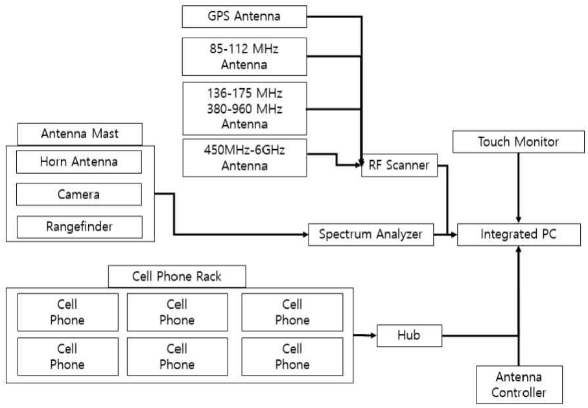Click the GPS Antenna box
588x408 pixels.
pos(244,16)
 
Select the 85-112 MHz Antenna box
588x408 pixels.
pos(244,56)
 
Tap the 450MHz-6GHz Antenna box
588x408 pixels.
pos(244,158)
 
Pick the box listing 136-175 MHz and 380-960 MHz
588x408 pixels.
pos(244,107)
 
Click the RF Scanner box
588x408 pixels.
pos(399,165)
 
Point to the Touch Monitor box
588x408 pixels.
pos(518,142)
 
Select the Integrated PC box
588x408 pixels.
pos(518,235)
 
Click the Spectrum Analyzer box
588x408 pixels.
pos(370,235)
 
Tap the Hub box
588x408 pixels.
pos(409,335)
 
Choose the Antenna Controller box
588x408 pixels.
pos(519,385)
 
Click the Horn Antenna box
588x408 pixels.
pos(78,162)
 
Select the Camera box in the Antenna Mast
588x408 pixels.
pos(78,194)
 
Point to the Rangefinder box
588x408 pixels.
pos(78,226)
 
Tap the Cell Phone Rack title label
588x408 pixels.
pos(176,276)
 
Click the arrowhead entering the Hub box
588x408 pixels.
pos(372,335)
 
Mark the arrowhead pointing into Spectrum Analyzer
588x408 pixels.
pos(303,235)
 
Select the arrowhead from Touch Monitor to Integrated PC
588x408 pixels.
pos(518,219)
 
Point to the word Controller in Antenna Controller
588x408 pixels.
pos(519,392)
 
